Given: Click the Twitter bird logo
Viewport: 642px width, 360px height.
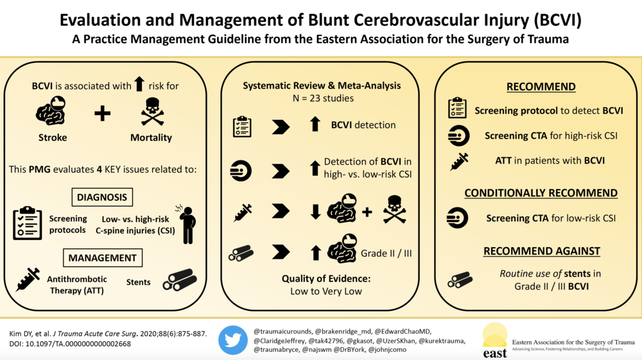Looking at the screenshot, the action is tap(233, 340).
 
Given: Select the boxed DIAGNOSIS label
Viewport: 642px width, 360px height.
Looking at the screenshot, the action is tap(102, 197).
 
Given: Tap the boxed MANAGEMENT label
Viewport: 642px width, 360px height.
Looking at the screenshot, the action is tap(102, 258).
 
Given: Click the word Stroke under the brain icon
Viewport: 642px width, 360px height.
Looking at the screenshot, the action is tap(53, 137).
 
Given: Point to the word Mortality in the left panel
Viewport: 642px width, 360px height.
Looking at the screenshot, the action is tap(151, 137).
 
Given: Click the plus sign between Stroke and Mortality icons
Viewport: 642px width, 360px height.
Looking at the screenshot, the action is tap(102, 114).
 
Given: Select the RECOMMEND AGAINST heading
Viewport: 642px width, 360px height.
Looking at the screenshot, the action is tap(542, 251).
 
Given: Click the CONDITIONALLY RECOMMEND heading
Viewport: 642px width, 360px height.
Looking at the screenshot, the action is tap(541, 193).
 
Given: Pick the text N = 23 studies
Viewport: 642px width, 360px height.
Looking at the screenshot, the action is tap(323, 98).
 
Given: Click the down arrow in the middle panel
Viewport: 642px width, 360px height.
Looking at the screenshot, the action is tap(315, 212).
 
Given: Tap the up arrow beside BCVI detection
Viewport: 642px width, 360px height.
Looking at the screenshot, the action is tap(315, 124).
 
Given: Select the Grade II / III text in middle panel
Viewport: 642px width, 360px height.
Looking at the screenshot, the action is tap(386, 253).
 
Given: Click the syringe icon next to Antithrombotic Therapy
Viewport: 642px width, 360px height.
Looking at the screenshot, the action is tap(28, 279).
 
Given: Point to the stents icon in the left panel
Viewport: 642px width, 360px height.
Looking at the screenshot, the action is tap(180, 280).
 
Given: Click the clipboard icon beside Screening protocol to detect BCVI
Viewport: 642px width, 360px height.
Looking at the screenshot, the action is tap(457, 108).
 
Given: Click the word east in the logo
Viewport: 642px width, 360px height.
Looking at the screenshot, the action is tap(495, 353).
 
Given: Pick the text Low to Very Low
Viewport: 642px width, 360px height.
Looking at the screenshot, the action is tap(326, 291).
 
